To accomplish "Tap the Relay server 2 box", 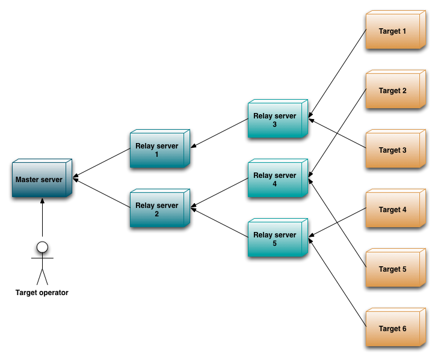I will [x=159, y=209].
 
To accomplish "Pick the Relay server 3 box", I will [x=277, y=120].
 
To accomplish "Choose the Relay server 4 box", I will [x=277, y=178].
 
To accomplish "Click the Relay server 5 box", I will [x=277, y=238].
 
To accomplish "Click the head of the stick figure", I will [x=42, y=246].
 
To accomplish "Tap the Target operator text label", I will [x=42, y=293].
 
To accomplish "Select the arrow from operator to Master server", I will [x=42, y=219].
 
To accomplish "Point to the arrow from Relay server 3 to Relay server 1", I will [x=219, y=133].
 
